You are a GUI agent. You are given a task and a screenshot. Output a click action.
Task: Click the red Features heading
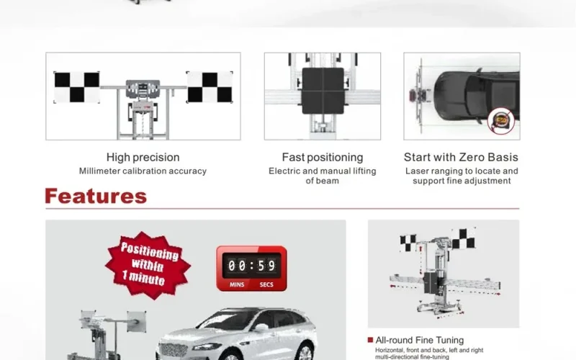tap(96, 196)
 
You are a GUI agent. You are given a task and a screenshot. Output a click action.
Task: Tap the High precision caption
tap(143, 157)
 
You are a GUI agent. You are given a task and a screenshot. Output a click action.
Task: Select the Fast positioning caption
tap(323, 157)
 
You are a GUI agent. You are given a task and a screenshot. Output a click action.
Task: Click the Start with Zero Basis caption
tap(461, 157)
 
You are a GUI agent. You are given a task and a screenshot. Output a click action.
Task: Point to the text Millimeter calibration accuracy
tap(143, 171)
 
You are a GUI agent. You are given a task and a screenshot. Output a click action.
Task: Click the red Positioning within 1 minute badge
tap(148, 265)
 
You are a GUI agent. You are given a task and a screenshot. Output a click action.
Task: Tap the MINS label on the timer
tap(237, 284)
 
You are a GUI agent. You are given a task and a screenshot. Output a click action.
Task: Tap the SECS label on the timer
tap(266, 284)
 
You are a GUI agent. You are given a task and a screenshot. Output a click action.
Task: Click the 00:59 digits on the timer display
tap(251, 265)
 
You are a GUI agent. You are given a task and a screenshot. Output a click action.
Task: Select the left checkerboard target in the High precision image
tap(77, 87)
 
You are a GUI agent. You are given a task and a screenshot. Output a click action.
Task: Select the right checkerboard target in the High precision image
tap(210, 87)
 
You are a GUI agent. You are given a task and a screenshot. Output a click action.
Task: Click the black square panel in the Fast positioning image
tap(323, 91)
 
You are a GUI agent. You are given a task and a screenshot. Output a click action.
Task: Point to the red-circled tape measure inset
tap(500, 120)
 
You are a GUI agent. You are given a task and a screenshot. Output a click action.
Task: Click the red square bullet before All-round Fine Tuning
tap(370, 340)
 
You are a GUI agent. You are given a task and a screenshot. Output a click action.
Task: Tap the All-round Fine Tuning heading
tap(420, 340)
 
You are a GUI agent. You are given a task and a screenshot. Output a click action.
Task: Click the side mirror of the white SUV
tap(261, 328)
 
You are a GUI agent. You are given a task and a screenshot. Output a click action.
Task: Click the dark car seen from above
tap(477, 96)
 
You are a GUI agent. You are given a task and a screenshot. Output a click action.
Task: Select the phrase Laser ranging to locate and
tap(462, 171)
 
